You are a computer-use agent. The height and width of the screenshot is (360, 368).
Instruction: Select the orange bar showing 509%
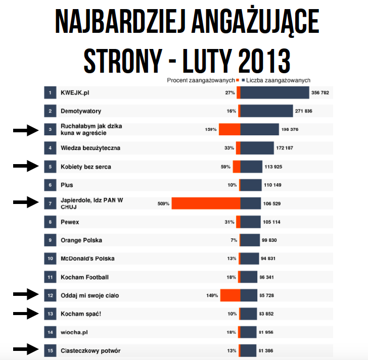(206, 203)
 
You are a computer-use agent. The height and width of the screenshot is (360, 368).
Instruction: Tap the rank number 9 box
(50, 240)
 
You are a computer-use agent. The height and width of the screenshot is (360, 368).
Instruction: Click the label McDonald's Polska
(87, 259)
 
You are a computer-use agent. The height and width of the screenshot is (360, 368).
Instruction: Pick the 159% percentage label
(211, 130)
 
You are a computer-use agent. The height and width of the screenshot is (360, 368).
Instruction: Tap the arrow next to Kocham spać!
(26, 314)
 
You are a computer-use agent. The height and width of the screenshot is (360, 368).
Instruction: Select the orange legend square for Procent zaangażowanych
(238, 80)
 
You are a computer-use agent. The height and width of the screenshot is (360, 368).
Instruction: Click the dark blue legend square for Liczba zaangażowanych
(243, 80)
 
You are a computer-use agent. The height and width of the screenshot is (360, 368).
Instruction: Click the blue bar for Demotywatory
(266, 111)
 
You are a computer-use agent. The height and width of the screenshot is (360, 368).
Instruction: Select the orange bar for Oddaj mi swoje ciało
(230, 295)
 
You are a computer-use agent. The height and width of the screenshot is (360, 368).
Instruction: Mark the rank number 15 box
(50, 350)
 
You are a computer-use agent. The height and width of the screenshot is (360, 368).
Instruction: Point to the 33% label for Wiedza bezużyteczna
(229, 148)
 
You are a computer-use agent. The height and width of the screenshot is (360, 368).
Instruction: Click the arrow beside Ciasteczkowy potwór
(26, 348)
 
